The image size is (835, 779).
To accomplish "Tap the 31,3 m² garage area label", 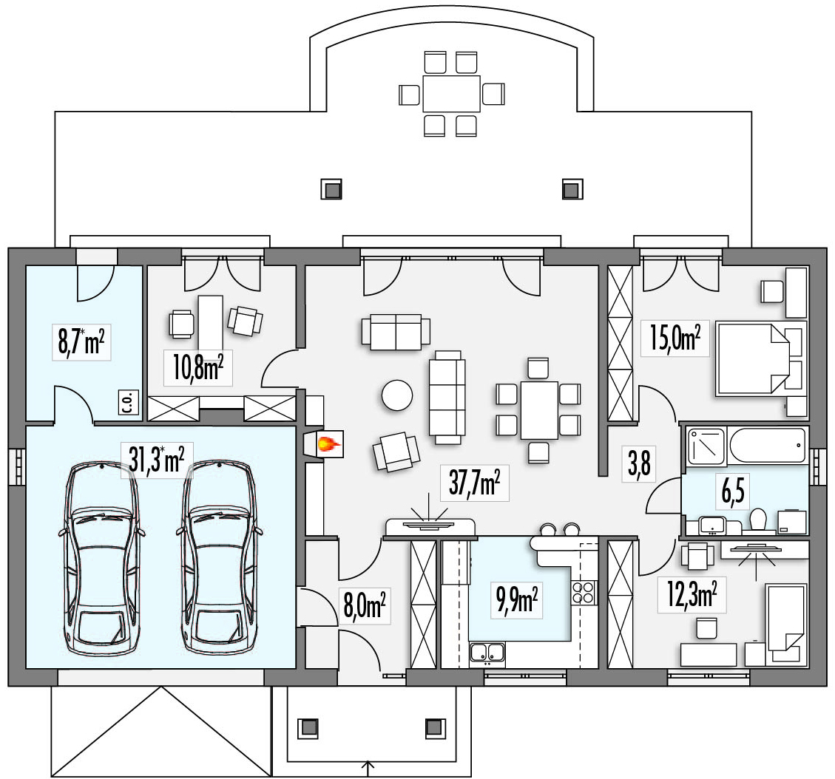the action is (157, 460).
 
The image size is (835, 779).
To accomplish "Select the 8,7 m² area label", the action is (81, 342).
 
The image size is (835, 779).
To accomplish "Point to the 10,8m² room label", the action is (197, 367).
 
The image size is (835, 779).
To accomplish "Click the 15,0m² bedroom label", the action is (675, 337).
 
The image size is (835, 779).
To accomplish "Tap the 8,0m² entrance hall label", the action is (364, 605).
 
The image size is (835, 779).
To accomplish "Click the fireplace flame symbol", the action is (328, 443).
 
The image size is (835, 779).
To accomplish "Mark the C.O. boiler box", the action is (129, 402).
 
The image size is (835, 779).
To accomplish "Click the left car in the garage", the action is (102, 554).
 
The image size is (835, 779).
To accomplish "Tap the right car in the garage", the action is (220, 554).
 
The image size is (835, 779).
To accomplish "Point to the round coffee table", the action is (397, 394).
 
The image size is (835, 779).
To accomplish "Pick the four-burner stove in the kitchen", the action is (584, 592).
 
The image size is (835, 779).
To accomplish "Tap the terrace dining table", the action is (452, 94).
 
